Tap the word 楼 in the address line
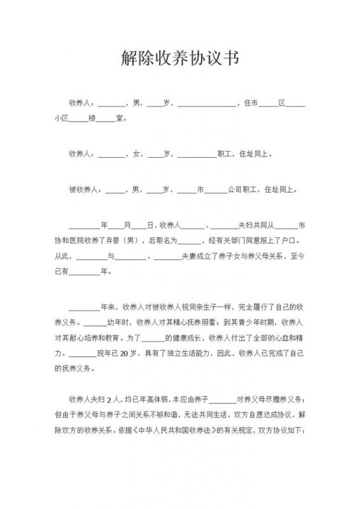coord(91,118)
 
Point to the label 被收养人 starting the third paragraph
coord(85,189)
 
